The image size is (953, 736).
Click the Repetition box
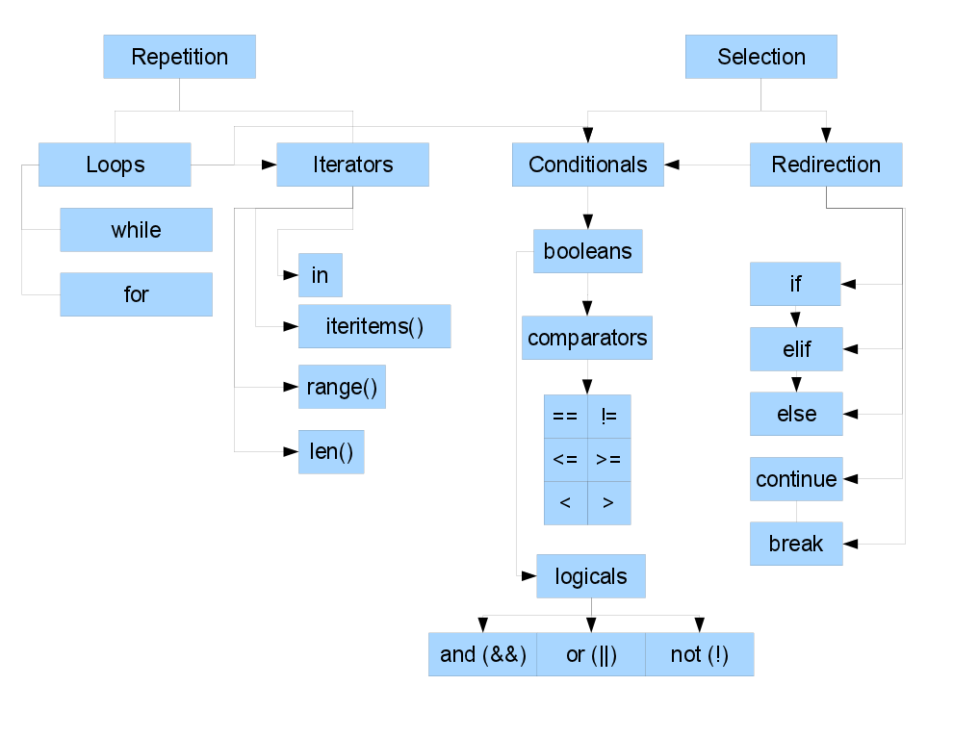pos(179,57)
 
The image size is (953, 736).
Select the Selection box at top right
pos(760,57)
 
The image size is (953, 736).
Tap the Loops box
pos(115,165)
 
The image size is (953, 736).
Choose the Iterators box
pos(352,165)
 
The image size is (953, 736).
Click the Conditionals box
pos(587,165)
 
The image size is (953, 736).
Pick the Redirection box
pos(826,165)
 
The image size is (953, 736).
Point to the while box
pos(136,230)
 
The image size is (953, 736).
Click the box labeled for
pos(136,294)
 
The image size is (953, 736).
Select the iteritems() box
pos(373,326)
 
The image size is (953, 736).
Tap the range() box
pos(341,387)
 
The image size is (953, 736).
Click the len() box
pos(331,451)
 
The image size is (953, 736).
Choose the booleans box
pos(587,251)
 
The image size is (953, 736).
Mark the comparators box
pos(586,338)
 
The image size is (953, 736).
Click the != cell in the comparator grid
pos(608,416)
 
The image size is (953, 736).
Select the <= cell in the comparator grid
pos(565,459)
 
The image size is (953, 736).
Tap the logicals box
pos(590,576)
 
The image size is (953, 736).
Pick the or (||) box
pos(590,654)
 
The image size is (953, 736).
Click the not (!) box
pos(699,654)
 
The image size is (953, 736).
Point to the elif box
pos(796,349)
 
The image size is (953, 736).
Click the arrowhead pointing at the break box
pos(851,545)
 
